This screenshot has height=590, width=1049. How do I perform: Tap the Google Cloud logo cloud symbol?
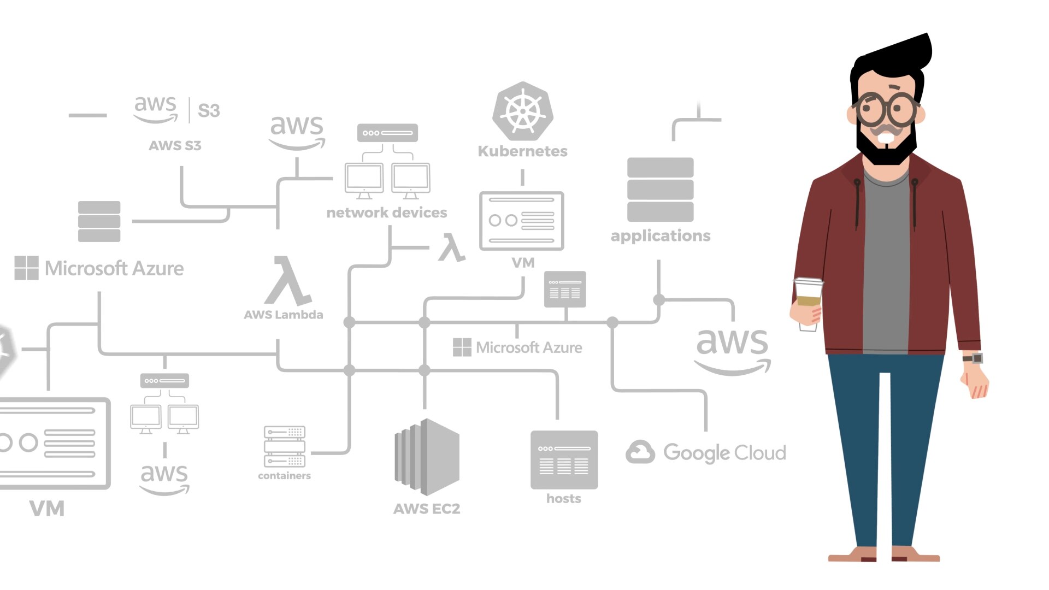[640, 452]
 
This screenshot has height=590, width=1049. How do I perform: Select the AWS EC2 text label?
[427, 509]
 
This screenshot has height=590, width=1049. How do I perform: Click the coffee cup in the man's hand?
[808, 303]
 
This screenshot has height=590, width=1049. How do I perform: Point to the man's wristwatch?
[974, 358]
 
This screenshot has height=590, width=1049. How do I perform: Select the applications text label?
[661, 235]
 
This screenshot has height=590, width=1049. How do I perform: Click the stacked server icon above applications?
[660, 190]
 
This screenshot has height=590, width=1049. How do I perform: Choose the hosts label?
[563, 498]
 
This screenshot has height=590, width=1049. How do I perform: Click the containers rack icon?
[284, 446]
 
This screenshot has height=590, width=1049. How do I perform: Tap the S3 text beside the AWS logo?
[208, 110]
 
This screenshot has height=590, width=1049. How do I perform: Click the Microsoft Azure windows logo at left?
[26, 268]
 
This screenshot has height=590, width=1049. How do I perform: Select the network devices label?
[386, 213]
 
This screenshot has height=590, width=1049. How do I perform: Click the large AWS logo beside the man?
[732, 350]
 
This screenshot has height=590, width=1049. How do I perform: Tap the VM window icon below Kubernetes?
[521, 221]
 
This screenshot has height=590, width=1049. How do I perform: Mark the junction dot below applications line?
[659, 300]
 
